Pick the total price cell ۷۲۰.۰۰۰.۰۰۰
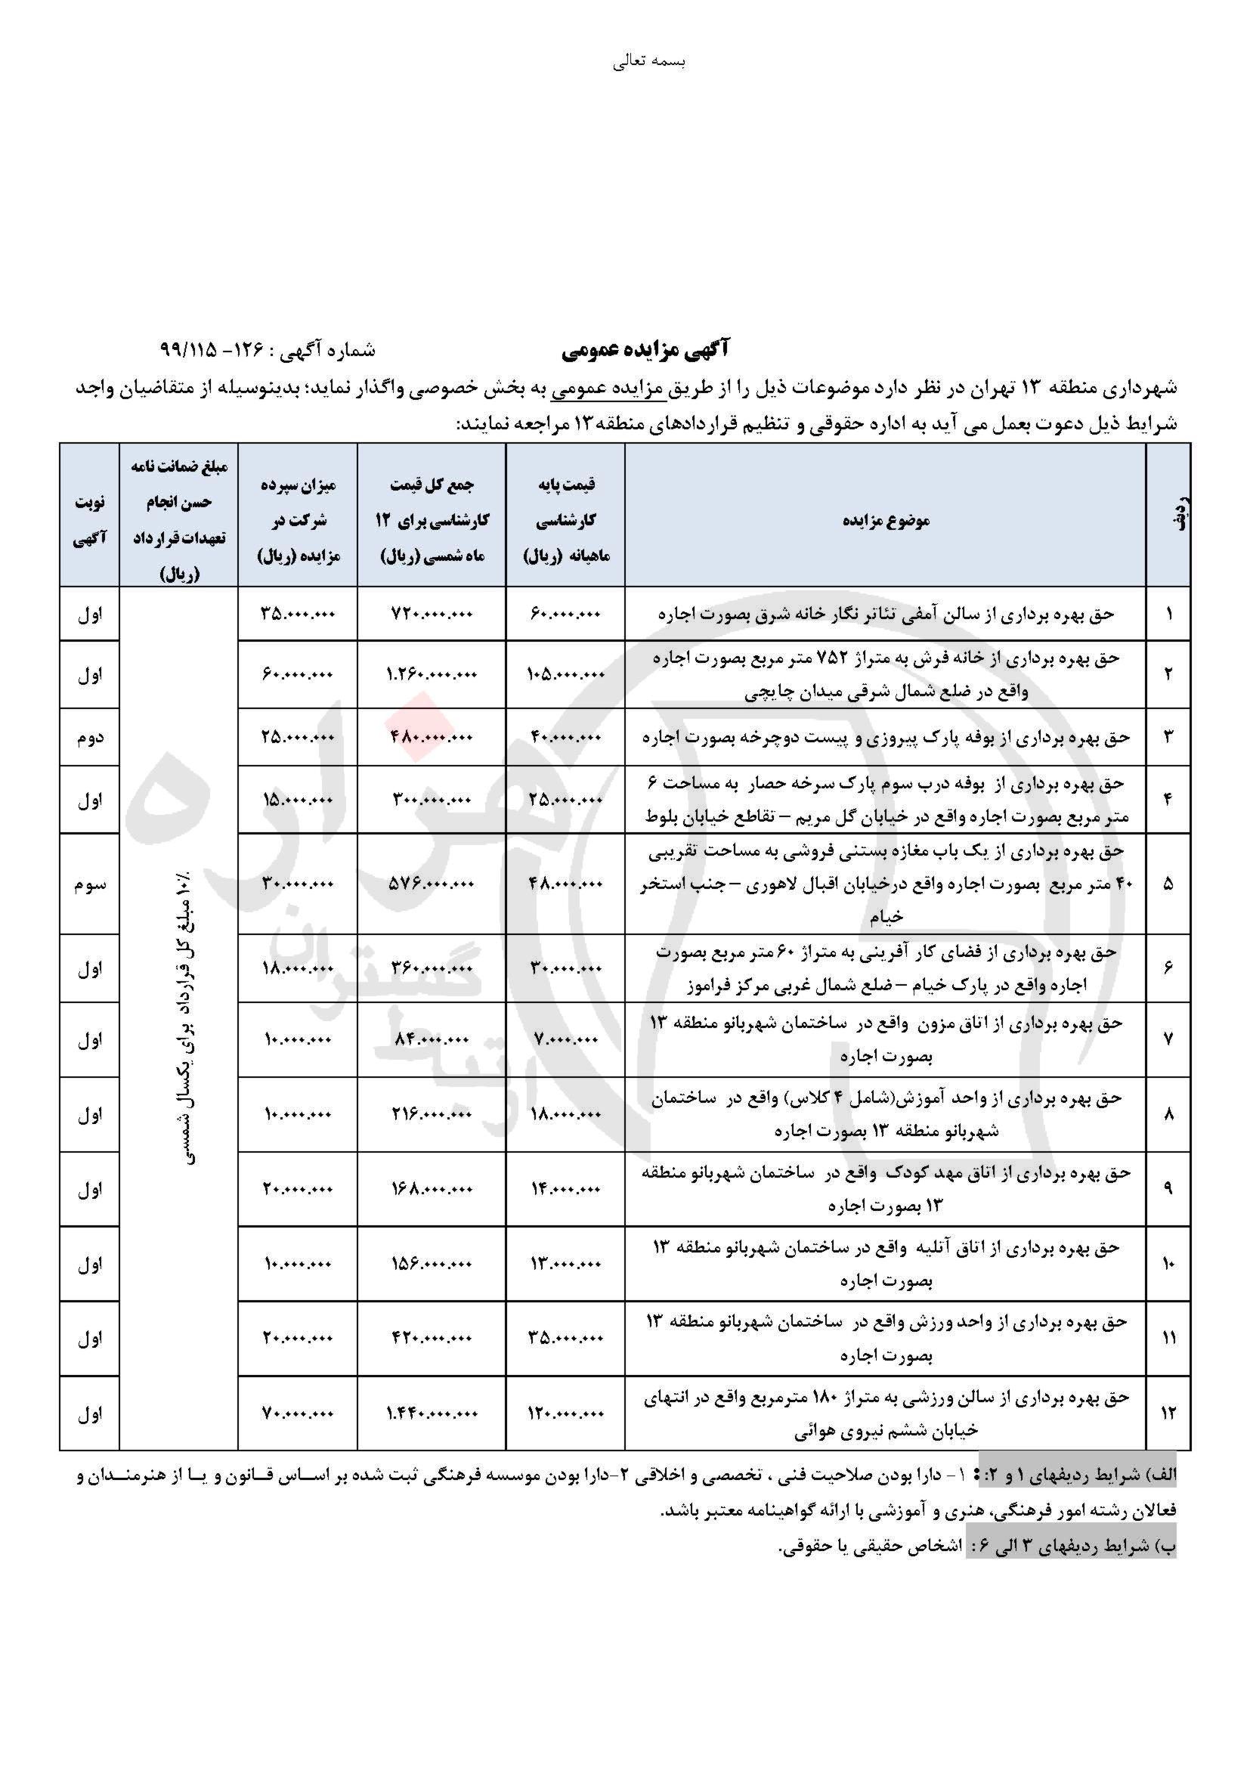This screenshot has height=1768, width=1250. point(431,615)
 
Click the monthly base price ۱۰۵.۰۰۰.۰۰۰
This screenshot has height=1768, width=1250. point(565,674)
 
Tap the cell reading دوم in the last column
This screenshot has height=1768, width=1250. point(89,738)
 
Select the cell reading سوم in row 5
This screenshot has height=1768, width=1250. point(89,885)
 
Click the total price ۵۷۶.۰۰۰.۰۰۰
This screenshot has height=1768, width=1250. point(431,885)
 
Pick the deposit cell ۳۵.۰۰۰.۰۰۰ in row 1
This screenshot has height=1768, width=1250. point(298,615)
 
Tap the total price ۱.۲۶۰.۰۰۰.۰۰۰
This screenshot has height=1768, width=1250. point(431,674)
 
